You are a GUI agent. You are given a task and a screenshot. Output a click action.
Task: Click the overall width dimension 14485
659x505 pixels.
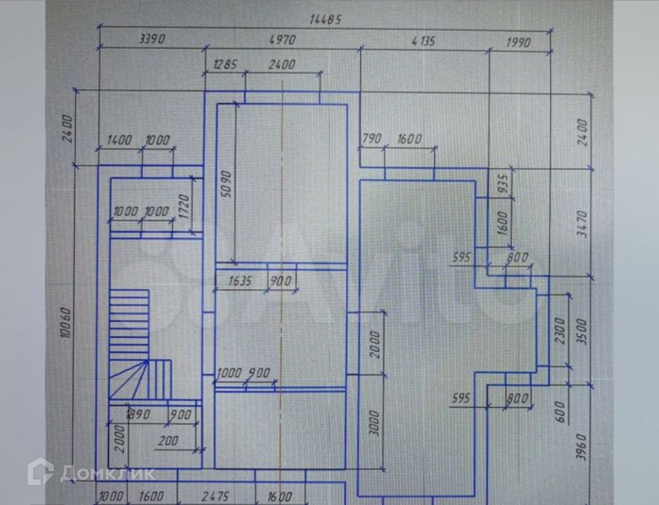pyautogui.click(x=326, y=19)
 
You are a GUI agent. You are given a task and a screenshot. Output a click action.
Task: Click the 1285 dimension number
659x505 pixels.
pyautogui.click(x=224, y=65)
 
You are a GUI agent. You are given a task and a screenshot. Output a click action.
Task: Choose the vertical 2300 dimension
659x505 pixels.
pyautogui.click(x=559, y=333)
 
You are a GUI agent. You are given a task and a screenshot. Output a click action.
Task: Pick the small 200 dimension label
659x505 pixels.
pyautogui.click(x=168, y=441)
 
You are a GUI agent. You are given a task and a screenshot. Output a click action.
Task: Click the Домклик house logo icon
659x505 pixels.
pyautogui.click(x=41, y=471)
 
